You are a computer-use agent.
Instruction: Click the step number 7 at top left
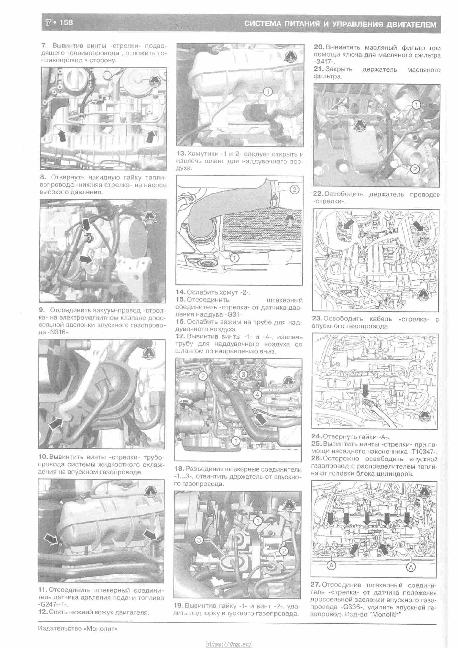click(x=44, y=45)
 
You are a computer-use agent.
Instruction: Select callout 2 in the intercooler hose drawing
click(x=294, y=190)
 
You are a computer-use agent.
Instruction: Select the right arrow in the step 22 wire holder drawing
click(x=419, y=226)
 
